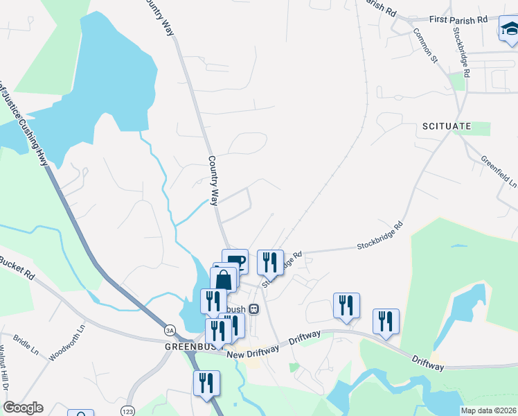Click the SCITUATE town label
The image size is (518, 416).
click(446, 126)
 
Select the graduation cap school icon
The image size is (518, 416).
click(509, 30)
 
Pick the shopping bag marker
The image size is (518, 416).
click(224, 281)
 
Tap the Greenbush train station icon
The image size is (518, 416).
click(254, 309)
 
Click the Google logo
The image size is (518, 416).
click(23, 408)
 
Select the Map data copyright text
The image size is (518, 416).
click(488, 410)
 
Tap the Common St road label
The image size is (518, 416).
click(425, 43)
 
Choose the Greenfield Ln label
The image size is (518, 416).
click(499, 171)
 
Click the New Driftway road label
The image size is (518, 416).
click(253, 352)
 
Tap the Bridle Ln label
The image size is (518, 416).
click(26, 347)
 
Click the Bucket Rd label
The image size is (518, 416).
click(17, 267)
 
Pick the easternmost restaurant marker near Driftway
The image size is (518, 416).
click(386, 322)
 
